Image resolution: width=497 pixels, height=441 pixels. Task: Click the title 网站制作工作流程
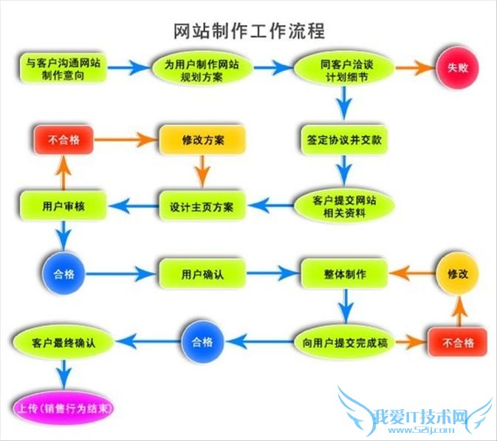click(248, 31)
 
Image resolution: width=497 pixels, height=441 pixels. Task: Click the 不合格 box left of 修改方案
click(64, 139)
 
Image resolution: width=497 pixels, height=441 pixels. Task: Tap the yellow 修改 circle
click(458, 273)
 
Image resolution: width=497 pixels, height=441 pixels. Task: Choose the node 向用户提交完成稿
click(344, 342)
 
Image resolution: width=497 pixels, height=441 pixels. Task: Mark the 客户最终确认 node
click(62, 342)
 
